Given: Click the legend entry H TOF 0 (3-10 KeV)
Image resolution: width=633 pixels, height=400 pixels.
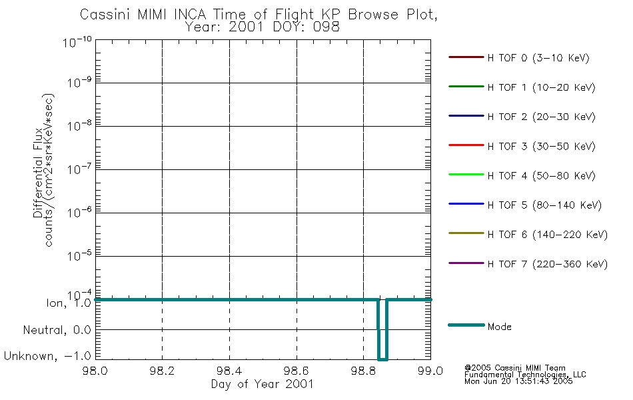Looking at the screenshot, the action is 538,58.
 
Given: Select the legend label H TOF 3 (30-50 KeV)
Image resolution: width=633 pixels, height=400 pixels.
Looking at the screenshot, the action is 541,146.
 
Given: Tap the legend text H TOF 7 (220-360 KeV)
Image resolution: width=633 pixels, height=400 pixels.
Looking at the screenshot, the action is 548,264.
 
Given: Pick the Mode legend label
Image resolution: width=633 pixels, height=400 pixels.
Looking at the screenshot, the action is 499,327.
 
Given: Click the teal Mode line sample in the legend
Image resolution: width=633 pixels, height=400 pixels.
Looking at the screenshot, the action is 466,325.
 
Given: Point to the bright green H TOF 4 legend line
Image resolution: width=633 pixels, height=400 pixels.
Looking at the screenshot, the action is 466,175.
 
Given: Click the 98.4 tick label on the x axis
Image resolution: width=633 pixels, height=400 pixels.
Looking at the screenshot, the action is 229,371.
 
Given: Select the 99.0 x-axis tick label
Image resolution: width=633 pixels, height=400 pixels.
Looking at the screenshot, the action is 430,371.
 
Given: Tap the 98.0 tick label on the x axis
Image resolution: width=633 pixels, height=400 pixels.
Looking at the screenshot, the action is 95,371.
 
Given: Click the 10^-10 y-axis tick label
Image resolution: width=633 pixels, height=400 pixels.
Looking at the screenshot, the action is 77,41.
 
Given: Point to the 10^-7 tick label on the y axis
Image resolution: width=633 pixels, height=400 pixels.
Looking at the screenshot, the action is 79,169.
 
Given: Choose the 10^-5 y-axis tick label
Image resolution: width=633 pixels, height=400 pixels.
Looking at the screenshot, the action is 79,255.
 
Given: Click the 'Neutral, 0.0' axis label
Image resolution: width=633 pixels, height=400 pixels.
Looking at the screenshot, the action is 57,330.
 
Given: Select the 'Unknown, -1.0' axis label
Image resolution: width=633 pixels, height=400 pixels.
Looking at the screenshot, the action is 47,356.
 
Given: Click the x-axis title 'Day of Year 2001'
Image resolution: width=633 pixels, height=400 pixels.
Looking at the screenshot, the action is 263,384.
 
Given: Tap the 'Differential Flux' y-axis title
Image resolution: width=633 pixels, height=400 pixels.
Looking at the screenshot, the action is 39,173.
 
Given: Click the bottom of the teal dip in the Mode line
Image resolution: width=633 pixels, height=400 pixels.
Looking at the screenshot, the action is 382,359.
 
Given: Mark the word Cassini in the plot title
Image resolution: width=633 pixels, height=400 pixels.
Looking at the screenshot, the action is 105,15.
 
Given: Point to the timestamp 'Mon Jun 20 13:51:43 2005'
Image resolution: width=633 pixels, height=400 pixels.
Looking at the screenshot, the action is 518,381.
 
